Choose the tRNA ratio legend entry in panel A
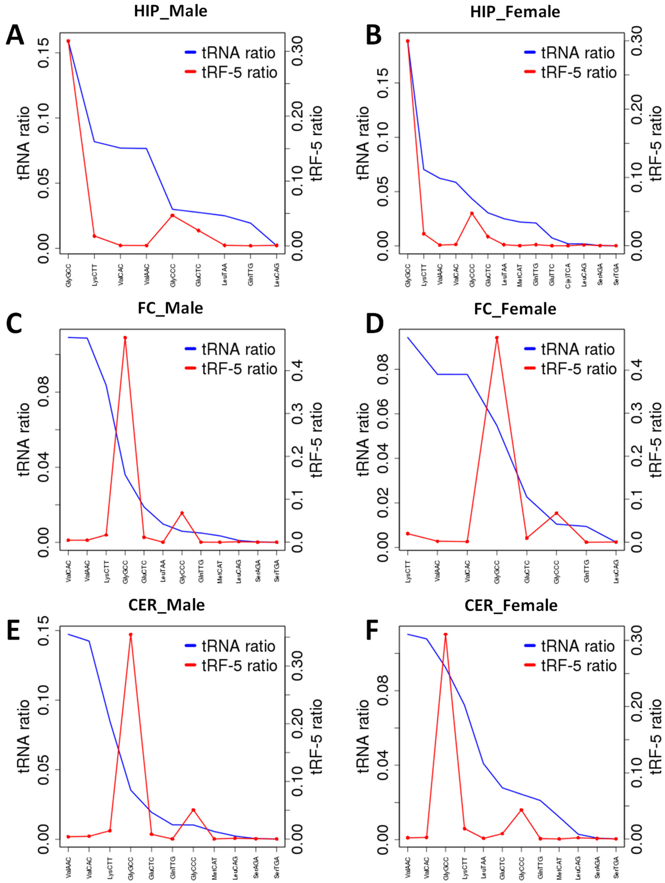(230, 53)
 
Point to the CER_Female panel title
(511, 606)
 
